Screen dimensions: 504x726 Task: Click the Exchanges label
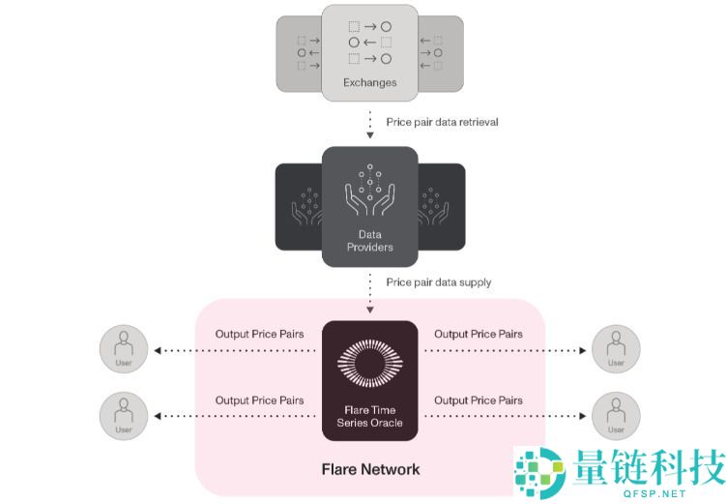(369, 82)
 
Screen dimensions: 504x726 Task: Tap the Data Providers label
(369, 241)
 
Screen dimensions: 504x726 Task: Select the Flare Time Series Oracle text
(369, 416)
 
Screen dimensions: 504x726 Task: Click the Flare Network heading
(370, 469)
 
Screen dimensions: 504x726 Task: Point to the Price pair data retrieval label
(442, 122)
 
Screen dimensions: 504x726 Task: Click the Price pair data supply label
(438, 282)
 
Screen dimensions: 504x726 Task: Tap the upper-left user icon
(124, 349)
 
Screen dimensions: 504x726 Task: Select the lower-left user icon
(124, 415)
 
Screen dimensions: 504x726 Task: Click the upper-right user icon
(616, 349)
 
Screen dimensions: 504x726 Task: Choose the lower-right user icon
(616, 415)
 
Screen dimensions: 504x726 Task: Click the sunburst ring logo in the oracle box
(369, 362)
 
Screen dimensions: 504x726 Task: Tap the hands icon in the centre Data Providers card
(369, 193)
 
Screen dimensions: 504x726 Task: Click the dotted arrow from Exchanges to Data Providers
(369, 124)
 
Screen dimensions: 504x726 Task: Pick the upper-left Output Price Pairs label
(259, 335)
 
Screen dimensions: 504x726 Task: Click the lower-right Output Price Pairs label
(479, 400)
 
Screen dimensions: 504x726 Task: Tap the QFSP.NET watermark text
(647, 490)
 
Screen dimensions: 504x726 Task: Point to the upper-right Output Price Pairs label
(479, 335)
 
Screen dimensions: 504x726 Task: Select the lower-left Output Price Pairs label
(259, 400)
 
